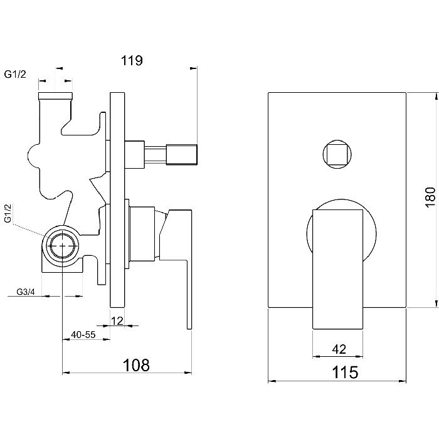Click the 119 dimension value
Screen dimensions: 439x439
click(132, 60)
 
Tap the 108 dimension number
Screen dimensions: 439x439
click(136, 366)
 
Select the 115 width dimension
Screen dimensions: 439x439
click(345, 373)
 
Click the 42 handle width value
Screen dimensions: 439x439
click(339, 349)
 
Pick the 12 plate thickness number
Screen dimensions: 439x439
click(117, 321)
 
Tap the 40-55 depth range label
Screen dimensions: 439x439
click(83, 334)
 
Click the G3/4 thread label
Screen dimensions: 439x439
click(26, 292)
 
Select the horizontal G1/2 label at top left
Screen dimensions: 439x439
click(15, 74)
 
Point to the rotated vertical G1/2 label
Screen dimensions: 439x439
click(8, 214)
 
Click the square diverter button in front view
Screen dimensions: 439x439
click(337, 154)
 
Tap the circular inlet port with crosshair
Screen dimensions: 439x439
click(63, 246)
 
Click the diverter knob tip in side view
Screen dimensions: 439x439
click(182, 154)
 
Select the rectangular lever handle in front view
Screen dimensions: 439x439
click(337, 269)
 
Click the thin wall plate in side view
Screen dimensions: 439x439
click(117, 200)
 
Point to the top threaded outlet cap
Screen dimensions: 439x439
click(55, 96)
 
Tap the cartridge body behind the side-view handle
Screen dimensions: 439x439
click(142, 234)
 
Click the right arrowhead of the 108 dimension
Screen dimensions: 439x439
click(188, 373)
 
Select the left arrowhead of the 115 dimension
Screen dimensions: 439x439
click(272, 381)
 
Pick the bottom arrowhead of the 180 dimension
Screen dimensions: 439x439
click(436, 304)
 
